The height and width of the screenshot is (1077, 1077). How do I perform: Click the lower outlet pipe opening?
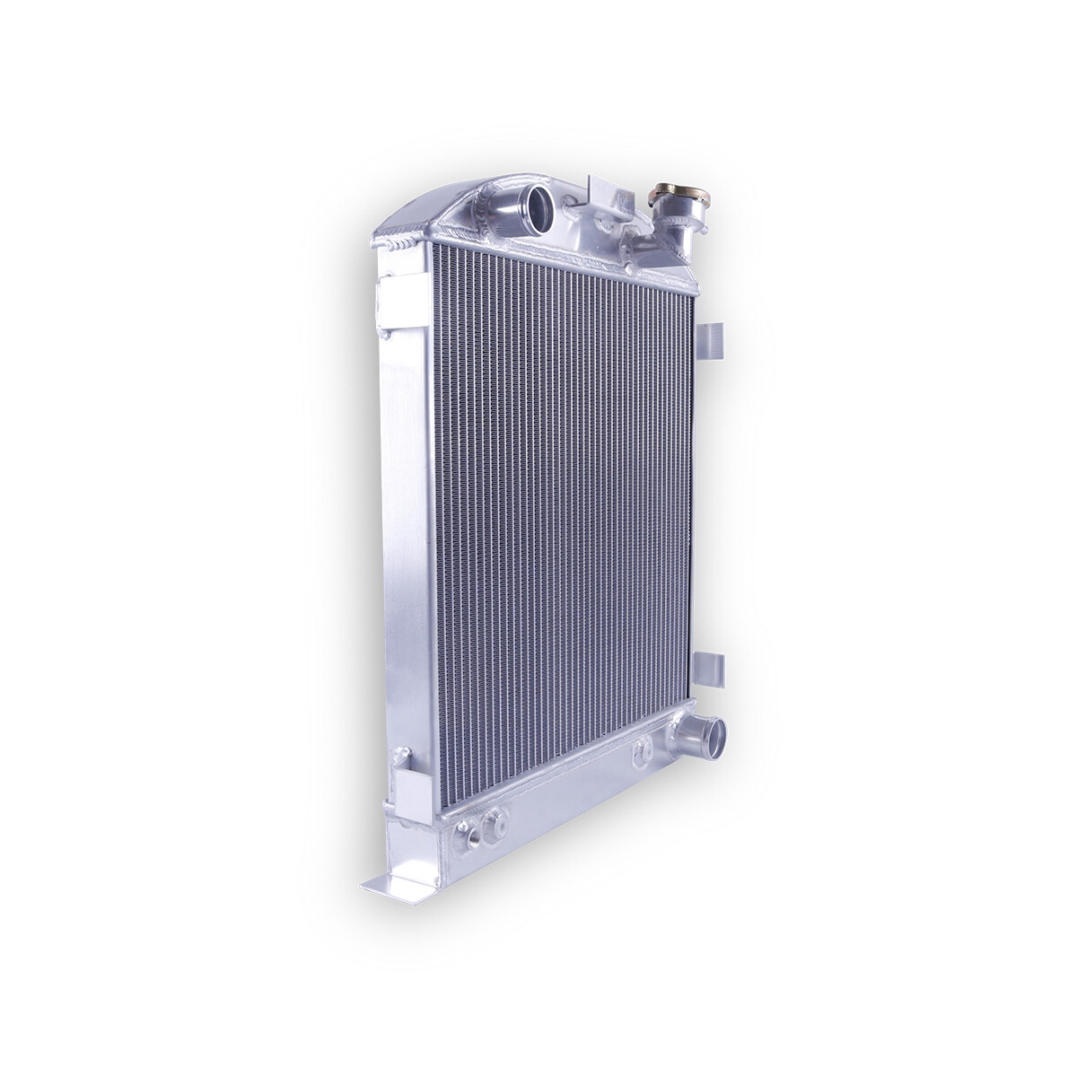[x=714, y=733]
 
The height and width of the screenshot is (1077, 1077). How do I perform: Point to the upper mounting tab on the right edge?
[x=713, y=342]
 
